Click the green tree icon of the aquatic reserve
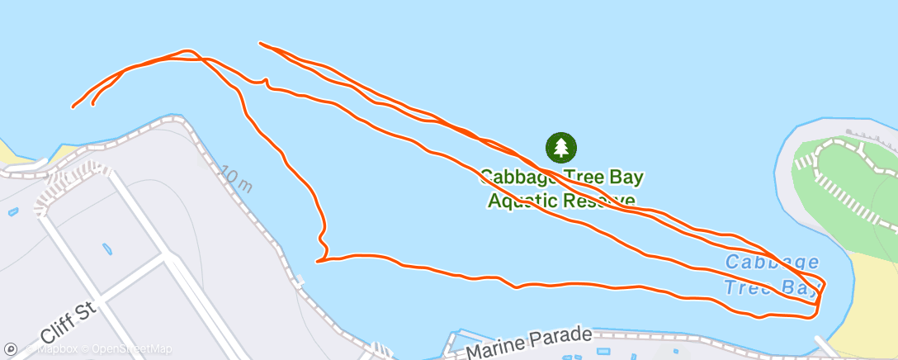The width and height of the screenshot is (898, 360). pyautogui.click(x=561, y=148)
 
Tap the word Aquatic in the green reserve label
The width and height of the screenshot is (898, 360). pyautogui.click(x=522, y=201)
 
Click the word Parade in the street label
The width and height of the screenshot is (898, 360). pyautogui.click(x=565, y=335)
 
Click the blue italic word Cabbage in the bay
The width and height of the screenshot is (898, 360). pyautogui.click(x=772, y=263)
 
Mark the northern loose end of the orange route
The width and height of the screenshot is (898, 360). pyautogui.click(x=261, y=43)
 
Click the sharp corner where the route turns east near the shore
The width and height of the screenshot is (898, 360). pyautogui.click(x=318, y=261)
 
